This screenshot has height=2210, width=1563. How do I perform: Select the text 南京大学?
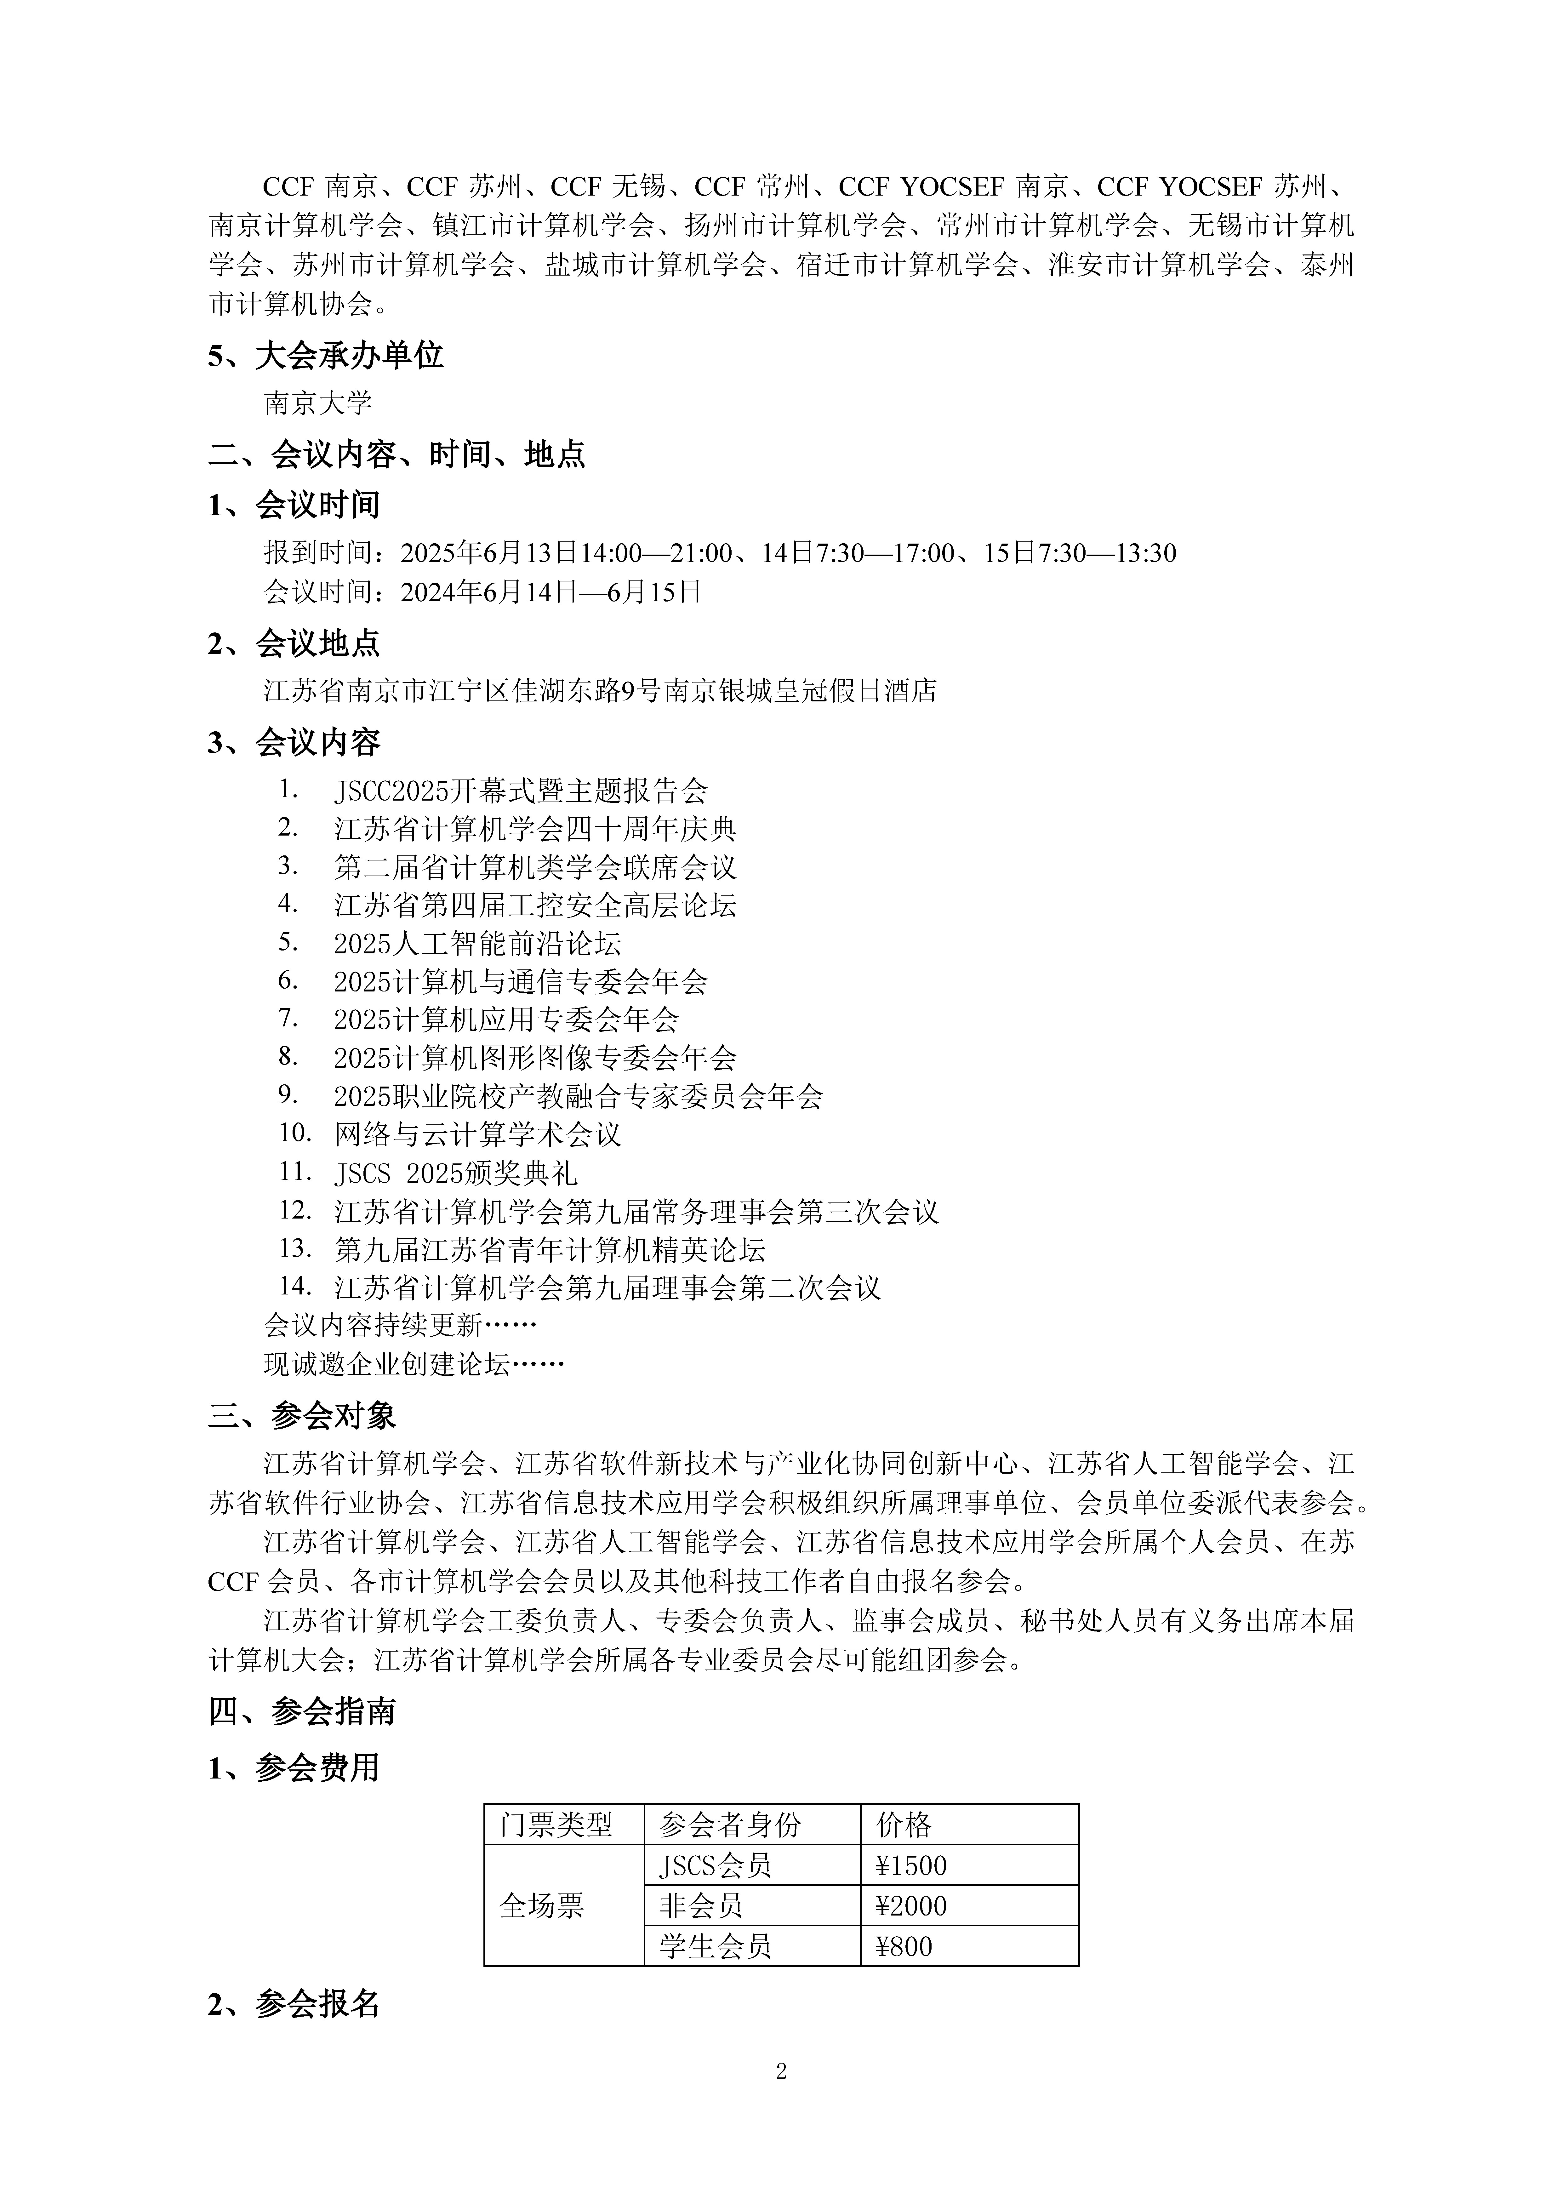click(317, 403)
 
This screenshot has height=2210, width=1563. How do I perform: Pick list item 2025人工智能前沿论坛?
click(477, 943)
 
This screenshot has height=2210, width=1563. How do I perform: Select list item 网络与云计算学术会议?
click(477, 1135)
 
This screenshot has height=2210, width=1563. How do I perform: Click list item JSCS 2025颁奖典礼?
click(455, 1173)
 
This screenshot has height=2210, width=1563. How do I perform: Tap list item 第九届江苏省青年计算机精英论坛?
click(550, 1250)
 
